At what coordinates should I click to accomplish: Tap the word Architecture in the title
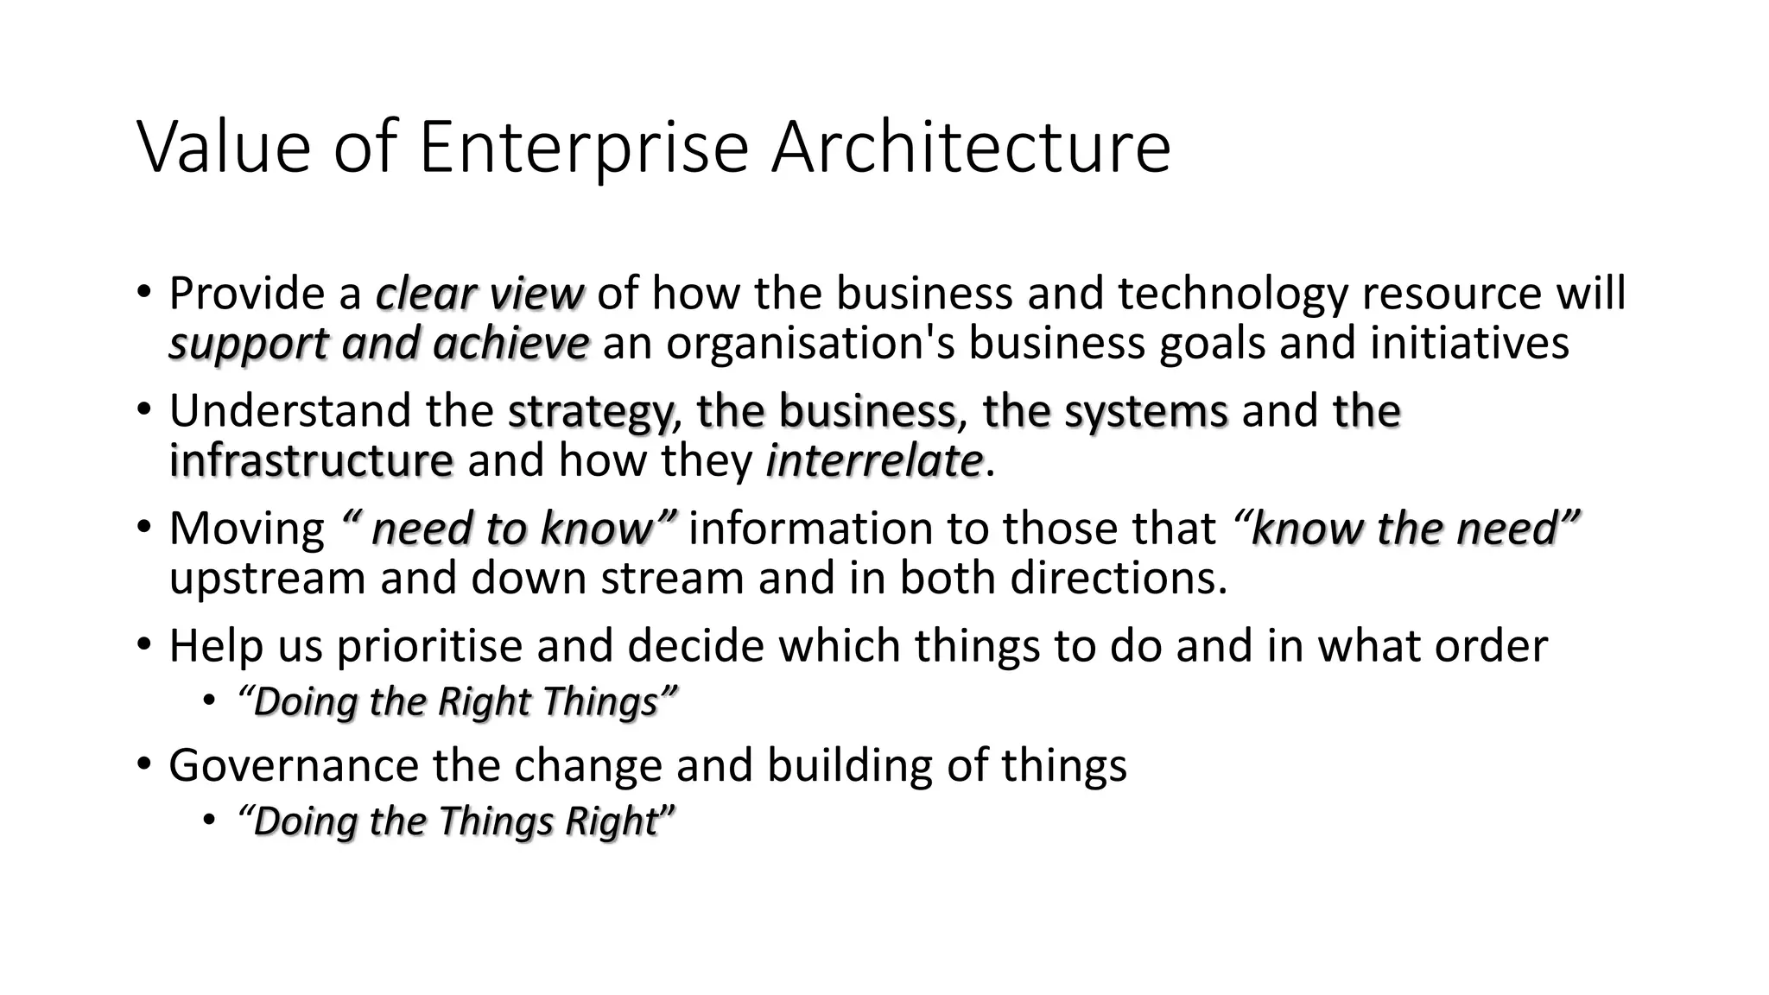point(971,147)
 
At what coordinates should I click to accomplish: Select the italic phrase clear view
point(480,295)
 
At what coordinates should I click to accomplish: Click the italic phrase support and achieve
point(379,344)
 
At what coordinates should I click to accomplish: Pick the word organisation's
point(809,344)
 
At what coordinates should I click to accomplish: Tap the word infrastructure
point(311,460)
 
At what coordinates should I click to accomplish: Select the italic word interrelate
point(874,460)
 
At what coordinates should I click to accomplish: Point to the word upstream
point(268,578)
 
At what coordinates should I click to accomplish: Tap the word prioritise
point(429,646)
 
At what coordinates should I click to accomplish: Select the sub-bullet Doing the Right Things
point(456,701)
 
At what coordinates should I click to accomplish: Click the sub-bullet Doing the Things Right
point(455,821)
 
